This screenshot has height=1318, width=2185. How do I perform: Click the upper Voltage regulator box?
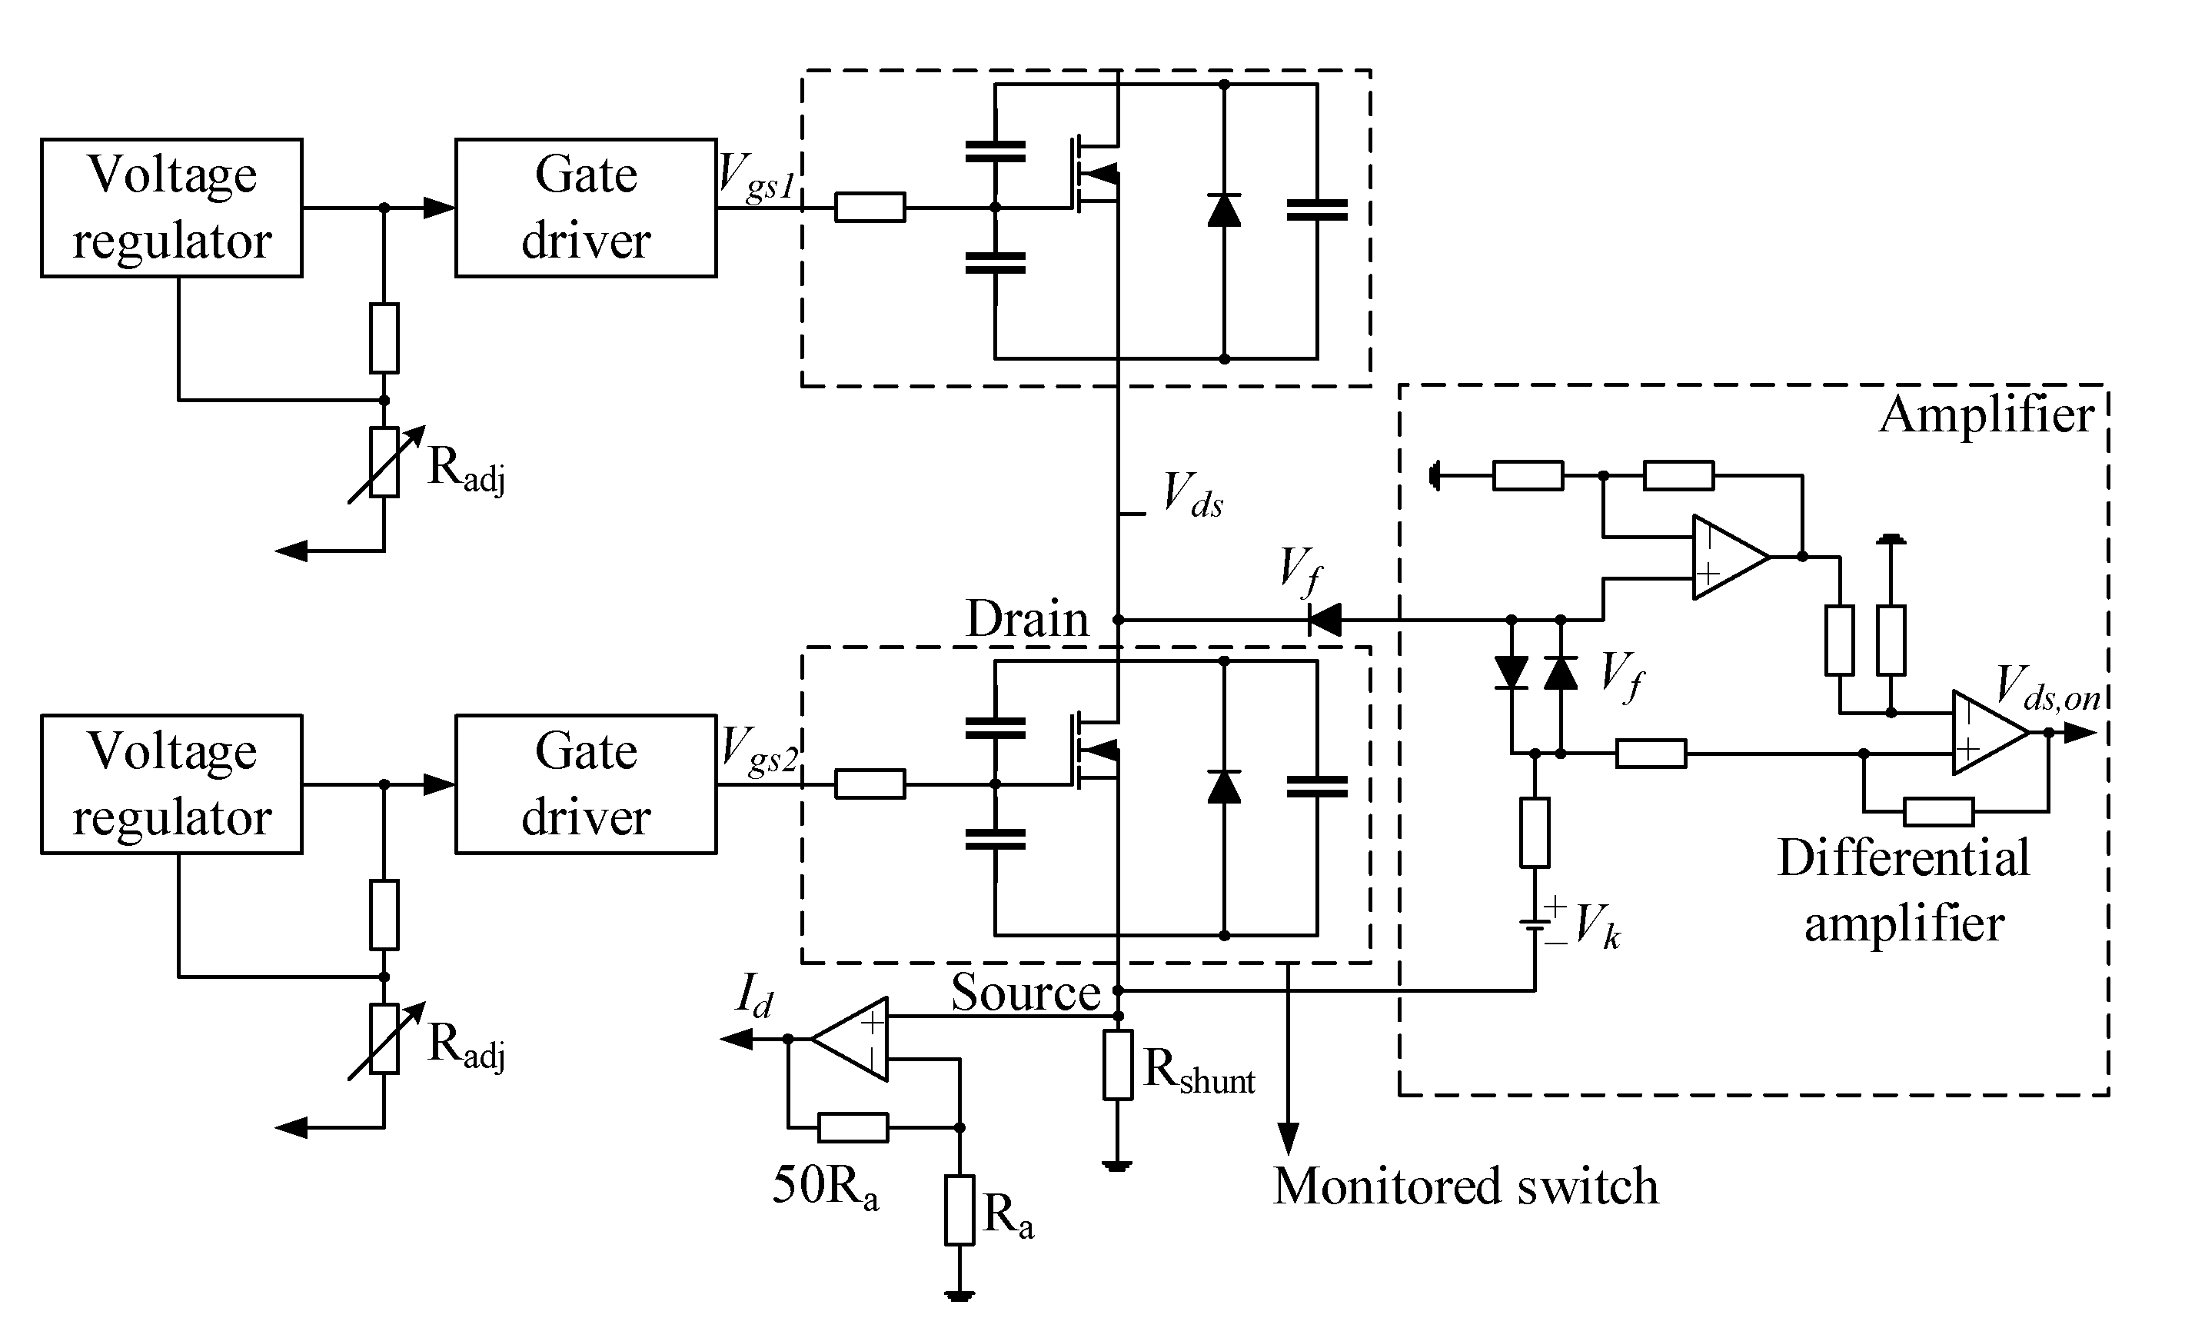pyautogui.click(x=171, y=208)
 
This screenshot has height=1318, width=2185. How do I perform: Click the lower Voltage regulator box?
pyautogui.click(x=171, y=784)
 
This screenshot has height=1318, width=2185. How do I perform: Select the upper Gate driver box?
pyautogui.click(x=585, y=208)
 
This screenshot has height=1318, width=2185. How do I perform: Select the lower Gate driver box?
pyautogui.click(x=585, y=784)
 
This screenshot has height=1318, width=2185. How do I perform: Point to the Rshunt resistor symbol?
pyautogui.click(x=1118, y=1064)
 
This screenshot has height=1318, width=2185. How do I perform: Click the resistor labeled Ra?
pyautogui.click(x=959, y=1210)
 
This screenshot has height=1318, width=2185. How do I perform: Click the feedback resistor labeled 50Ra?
pyautogui.click(x=852, y=1127)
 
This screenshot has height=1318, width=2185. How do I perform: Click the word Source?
pyautogui.click(x=1025, y=992)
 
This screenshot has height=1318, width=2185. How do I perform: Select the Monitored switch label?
pyautogui.click(x=1465, y=1186)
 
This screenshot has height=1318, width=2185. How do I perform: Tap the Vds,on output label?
pyautogui.click(x=2047, y=690)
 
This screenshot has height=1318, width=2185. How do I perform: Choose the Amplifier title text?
pyautogui.click(x=1987, y=414)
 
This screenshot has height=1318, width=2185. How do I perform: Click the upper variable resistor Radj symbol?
pyautogui.click(x=384, y=462)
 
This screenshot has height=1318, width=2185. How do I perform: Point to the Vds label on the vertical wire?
pyautogui.click(x=1192, y=495)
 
